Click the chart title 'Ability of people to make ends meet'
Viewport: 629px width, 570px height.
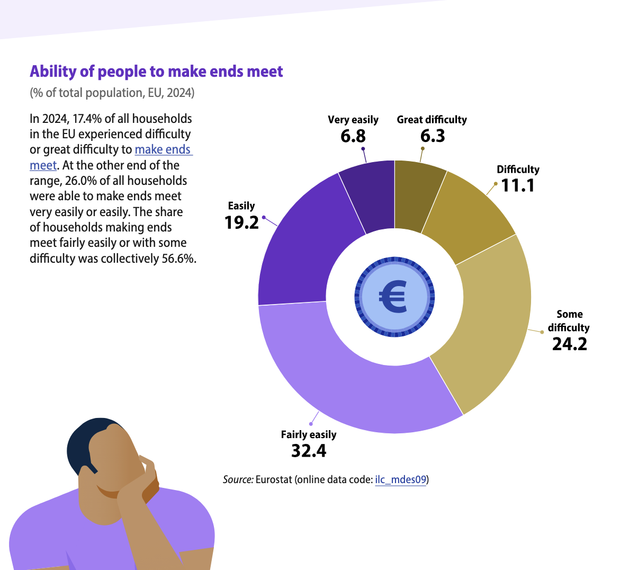pos(156,72)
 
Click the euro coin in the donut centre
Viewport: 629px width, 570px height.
pos(394,297)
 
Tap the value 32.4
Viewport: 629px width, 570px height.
pos(309,451)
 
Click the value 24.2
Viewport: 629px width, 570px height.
pos(570,344)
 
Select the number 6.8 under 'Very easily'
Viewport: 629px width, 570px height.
pos(353,136)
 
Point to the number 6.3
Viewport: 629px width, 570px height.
pos(433,136)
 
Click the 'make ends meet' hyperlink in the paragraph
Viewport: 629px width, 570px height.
pos(163,150)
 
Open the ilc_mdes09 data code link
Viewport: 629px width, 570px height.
pos(400,480)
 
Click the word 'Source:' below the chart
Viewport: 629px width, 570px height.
pos(238,480)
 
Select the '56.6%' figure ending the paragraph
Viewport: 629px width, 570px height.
pos(179,259)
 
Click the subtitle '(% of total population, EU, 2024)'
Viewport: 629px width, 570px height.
pos(112,93)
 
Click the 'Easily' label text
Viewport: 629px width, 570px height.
pos(241,206)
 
